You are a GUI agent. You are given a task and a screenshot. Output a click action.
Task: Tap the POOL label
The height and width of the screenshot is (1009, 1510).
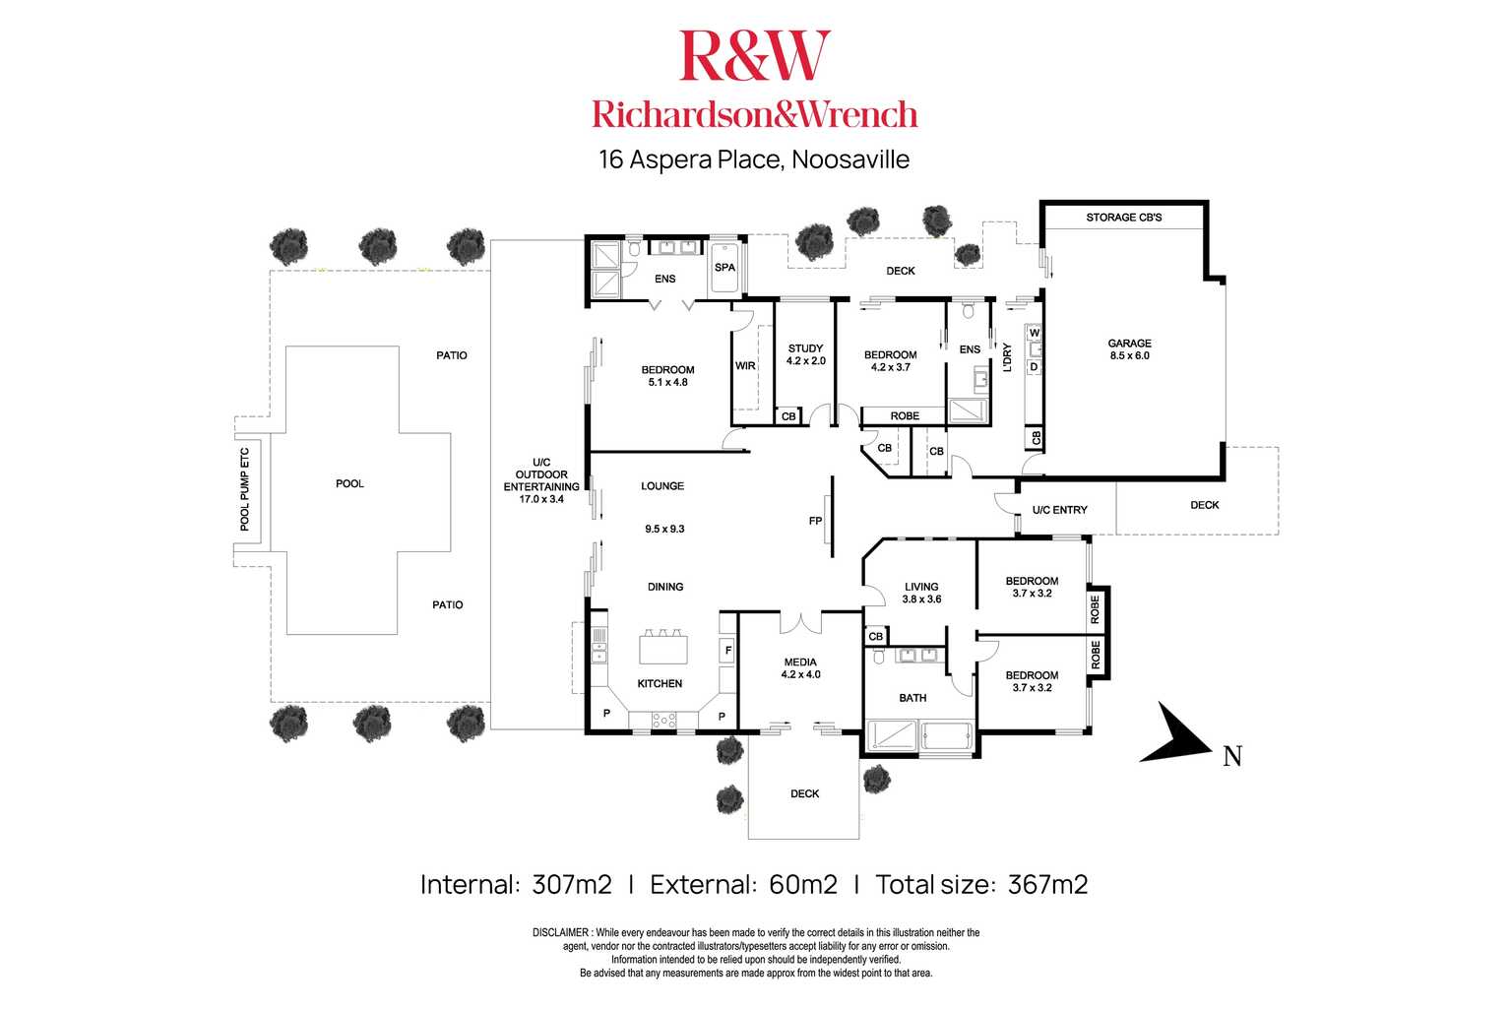pyautogui.click(x=349, y=483)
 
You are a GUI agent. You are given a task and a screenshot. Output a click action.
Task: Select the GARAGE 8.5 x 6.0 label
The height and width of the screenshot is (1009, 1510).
pyautogui.click(x=1129, y=349)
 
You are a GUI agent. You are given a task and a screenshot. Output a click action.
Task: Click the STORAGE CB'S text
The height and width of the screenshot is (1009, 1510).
pyautogui.click(x=1123, y=217)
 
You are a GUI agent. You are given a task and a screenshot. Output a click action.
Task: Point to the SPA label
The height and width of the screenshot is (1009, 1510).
pyautogui.click(x=724, y=268)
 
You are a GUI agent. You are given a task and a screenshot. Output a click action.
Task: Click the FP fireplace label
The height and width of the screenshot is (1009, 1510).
pyautogui.click(x=815, y=521)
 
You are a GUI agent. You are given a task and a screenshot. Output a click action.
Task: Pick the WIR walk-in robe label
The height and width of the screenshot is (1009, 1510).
pyautogui.click(x=745, y=366)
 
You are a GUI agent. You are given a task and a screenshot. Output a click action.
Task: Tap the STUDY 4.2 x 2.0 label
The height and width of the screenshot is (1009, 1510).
pyautogui.click(x=805, y=354)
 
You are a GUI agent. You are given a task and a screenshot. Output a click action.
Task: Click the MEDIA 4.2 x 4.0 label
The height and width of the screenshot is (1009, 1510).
pyautogui.click(x=800, y=668)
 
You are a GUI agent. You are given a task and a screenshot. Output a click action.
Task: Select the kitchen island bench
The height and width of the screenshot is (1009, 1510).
pyautogui.click(x=662, y=650)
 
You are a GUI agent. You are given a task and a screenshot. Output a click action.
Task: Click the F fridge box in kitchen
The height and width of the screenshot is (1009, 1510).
pyautogui.click(x=727, y=650)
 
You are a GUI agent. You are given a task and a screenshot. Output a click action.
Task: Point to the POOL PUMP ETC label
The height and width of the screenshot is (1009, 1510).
pyautogui.click(x=246, y=489)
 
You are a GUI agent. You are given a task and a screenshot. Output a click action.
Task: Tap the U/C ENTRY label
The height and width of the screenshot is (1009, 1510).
pyautogui.click(x=1059, y=510)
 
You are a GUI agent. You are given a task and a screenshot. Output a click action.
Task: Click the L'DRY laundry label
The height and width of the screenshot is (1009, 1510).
pyautogui.click(x=1007, y=356)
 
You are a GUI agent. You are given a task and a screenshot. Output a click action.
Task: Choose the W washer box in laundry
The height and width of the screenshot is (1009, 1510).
pyautogui.click(x=1034, y=333)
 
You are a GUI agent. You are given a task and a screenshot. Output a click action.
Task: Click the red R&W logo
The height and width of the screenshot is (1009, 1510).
pyautogui.click(x=754, y=56)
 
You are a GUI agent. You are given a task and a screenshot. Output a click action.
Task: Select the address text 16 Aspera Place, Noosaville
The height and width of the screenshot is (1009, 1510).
pyautogui.click(x=754, y=159)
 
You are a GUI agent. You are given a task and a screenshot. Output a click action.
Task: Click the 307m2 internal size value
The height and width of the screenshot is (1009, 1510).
pyautogui.click(x=571, y=884)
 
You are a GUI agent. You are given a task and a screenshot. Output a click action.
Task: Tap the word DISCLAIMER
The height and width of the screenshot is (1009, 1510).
pyautogui.click(x=561, y=932)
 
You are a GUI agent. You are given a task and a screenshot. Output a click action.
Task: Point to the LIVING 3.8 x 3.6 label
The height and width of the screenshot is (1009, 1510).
pyautogui.click(x=921, y=593)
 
